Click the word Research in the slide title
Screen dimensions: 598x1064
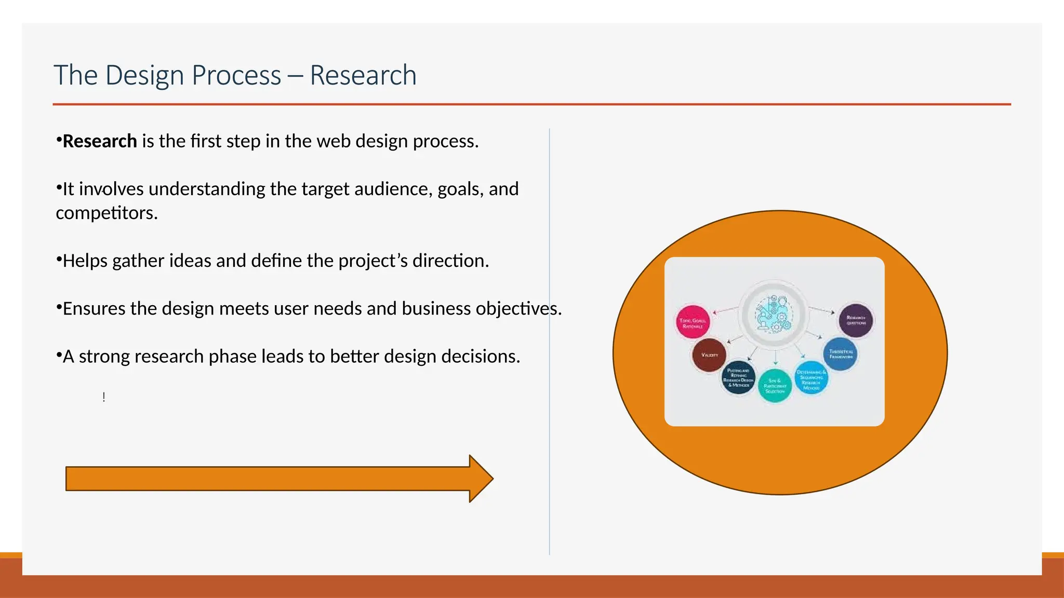coord(363,75)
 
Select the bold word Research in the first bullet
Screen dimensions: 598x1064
coord(99,141)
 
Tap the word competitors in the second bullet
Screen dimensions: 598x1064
coord(106,213)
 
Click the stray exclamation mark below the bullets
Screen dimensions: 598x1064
coord(104,398)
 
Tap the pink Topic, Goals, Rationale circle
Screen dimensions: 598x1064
coord(693,322)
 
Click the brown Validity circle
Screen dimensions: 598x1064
coord(709,355)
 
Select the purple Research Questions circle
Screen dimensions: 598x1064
coord(856,320)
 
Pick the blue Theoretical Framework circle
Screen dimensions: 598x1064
coord(840,354)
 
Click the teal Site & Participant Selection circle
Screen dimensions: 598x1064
coord(775,386)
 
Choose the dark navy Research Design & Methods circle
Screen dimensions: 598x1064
coord(738,377)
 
